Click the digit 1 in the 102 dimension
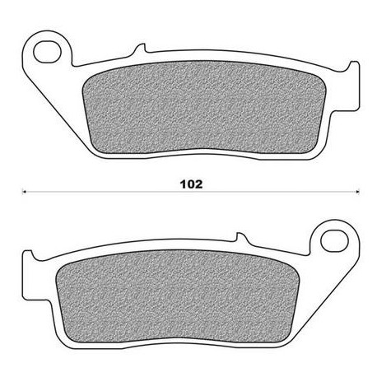(x=183, y=184)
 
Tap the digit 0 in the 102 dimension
(x=190, y=184)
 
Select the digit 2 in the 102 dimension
(x=198, y=184)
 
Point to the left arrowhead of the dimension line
(x=24, y=192)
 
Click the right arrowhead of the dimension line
(x=357, y=192)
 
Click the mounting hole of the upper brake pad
(x=47, y=52)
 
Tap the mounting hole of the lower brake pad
(x=334, y=241)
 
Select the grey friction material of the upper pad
(x=204, y=107)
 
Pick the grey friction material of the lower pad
(x=177, y=296)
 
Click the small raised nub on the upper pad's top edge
(x=141, y=48)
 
